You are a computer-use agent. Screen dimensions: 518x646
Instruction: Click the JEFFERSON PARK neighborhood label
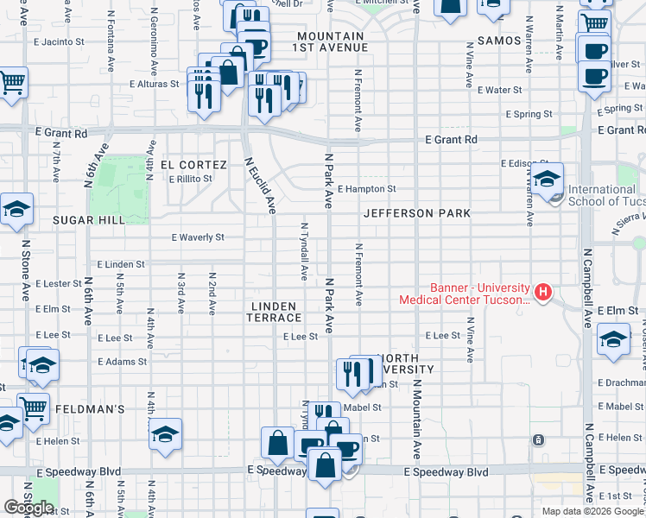416,213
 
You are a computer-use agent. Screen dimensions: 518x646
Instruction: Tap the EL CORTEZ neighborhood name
193,165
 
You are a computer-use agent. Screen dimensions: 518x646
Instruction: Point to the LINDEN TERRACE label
274,313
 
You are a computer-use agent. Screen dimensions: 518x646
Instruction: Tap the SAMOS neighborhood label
493,41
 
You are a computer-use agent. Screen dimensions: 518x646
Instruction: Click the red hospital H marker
542,293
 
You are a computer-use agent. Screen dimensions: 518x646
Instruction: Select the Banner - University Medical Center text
465,294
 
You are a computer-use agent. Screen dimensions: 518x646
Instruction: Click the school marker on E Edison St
547,179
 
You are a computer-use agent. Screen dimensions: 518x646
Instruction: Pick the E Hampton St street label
366,189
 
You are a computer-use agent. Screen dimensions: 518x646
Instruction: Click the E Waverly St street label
198,237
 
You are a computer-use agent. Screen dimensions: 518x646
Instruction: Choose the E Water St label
500,90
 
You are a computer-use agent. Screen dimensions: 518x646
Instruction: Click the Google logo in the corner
28,508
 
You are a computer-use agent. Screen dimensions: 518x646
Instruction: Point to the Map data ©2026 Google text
592,511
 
